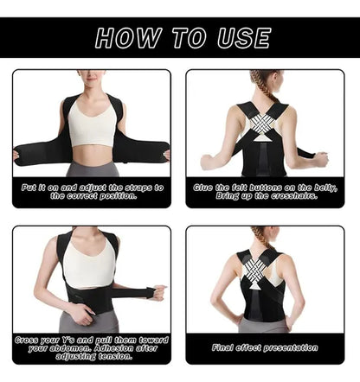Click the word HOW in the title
(128, 38)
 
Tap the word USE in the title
(244, 38)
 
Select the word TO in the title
(190, 38)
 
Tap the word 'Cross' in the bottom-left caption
(26, 340)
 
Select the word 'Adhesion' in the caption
(114, 348)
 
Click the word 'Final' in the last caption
(222, 347)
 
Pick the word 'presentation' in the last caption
(291, 348)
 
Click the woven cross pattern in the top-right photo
(262, 123)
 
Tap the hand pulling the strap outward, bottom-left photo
(157, 292)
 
